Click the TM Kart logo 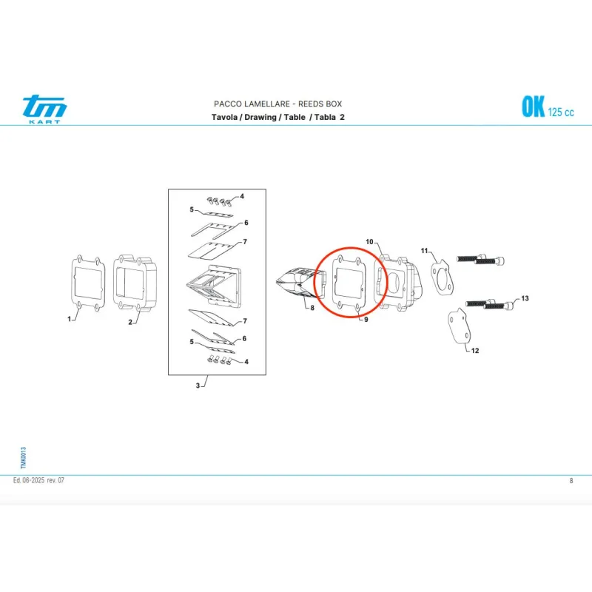[44, 109]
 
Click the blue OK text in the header [533, 107]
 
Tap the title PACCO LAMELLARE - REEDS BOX [278, 104]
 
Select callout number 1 [69, 319]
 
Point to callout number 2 [130, 322]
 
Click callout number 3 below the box [198, 386]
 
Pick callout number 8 [312, 308]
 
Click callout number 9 [366, 320]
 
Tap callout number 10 [369, 242]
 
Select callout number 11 [424, 251]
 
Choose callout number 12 [475, 351]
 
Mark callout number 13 [525, 298]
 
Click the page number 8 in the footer [571, 480]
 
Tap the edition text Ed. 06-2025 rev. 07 [38, 480]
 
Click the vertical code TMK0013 [24, 458]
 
